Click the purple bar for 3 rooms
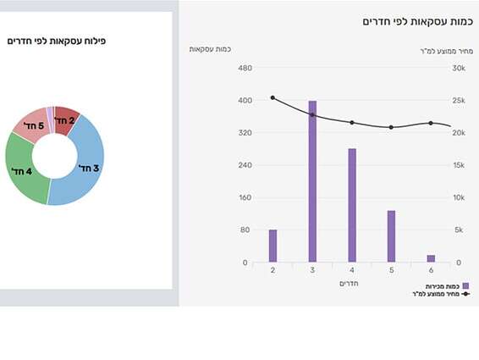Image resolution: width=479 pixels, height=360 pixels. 312,181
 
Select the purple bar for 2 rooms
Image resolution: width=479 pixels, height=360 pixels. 273,246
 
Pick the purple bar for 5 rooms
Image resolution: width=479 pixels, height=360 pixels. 391,236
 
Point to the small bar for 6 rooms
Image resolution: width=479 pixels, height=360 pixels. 431,258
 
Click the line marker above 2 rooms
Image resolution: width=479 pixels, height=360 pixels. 273,97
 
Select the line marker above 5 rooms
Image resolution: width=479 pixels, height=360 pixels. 391,127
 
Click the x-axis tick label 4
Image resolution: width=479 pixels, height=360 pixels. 352,270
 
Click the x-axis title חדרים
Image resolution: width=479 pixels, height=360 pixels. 351,283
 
